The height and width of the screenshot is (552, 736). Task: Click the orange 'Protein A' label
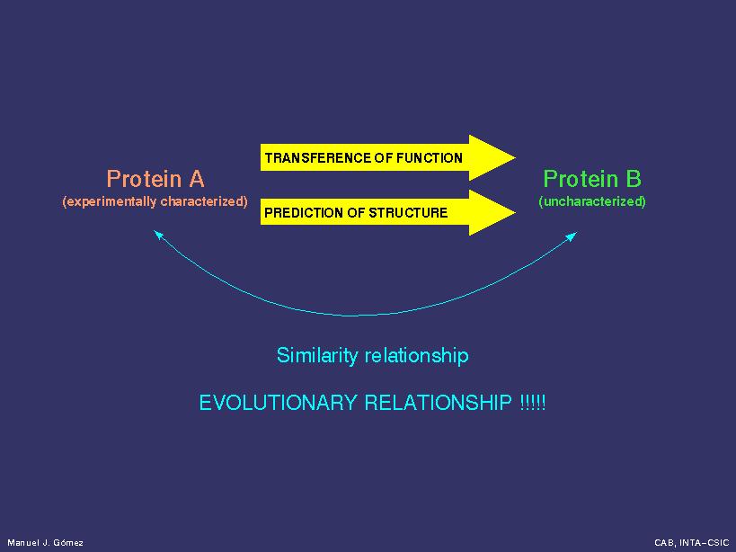pyautogui.click(x=155, y=179)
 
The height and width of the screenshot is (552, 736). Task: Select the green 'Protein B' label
pyautogui.click(x=592, y=179)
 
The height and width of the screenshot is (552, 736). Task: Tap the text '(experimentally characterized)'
pyautogui.click(x=155, y=201)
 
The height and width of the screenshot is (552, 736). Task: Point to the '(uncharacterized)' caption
pyautogui.click(x=592, y=201)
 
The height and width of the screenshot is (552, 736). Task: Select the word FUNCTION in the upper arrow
pyautogui.click(x=429, y=157)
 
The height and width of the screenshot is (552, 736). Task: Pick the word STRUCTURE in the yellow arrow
pyautogui.click(x=408, y=213)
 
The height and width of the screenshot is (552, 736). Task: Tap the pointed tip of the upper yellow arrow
pyautogui.click(x=516, y=157)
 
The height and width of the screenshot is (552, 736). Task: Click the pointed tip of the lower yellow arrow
pyautogui.click(x=516, y=213)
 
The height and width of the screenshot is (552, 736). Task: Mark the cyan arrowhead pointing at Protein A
pyautogui.click(x=158, y=235)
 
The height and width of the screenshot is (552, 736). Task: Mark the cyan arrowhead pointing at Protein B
pyautogui.click(x=572, y=236)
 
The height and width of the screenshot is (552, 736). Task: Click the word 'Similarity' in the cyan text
pyautogui.click(x=317, y=356)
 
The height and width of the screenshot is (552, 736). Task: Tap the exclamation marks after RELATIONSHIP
pyautogui.click(x=533, y=403)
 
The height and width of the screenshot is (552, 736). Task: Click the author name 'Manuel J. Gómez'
pyautogui.click(x=46, y=543)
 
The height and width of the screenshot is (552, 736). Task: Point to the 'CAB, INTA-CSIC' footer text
pyautogui.click(x=691, y=543)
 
